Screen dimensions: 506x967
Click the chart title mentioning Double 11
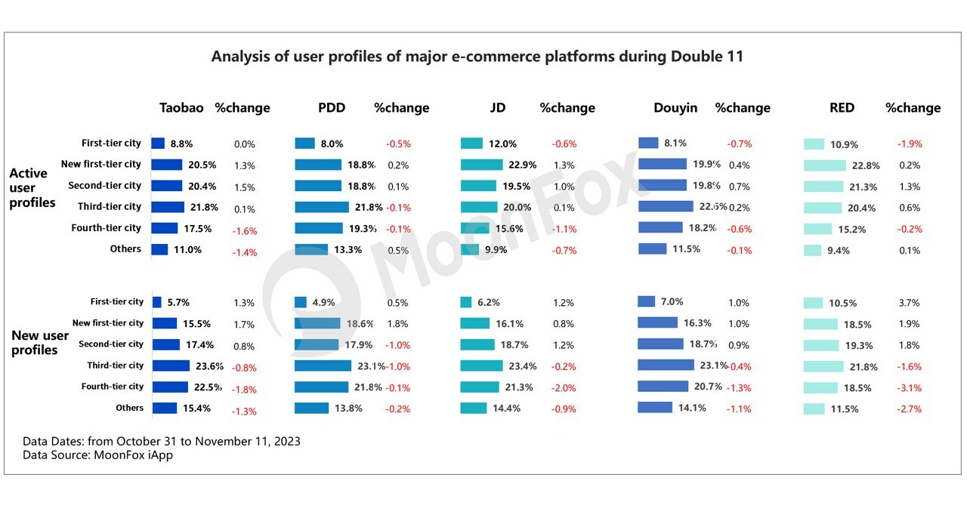tap(477, 57)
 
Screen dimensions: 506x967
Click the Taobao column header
tap(181, 107)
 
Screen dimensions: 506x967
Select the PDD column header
tap(332, 107)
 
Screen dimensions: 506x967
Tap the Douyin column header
tap(675, 107)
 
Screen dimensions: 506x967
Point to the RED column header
tap(842, 107)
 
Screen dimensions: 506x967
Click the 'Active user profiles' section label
tap(32, 187)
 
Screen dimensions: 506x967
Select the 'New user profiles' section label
tap(39, 342)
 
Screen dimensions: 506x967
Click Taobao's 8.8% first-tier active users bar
tap(158, 143)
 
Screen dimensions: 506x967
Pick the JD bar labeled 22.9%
tap(481, 165)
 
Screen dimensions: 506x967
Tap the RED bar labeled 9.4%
tap(812, 250)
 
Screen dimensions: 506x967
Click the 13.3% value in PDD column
tap(348, 250)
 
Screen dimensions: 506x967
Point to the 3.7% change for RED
tap(910, 303)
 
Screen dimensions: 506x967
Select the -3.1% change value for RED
tap(910, 388)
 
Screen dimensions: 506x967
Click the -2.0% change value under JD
tap(564, 388)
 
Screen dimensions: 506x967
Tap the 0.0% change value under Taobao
tap(245, 143)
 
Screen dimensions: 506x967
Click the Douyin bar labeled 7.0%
tap(646, 301)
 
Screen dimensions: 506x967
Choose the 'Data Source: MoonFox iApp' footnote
tap(97, 455)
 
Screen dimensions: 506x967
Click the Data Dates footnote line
tap(161, 441)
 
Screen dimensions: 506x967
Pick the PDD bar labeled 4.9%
tap(301, 302)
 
